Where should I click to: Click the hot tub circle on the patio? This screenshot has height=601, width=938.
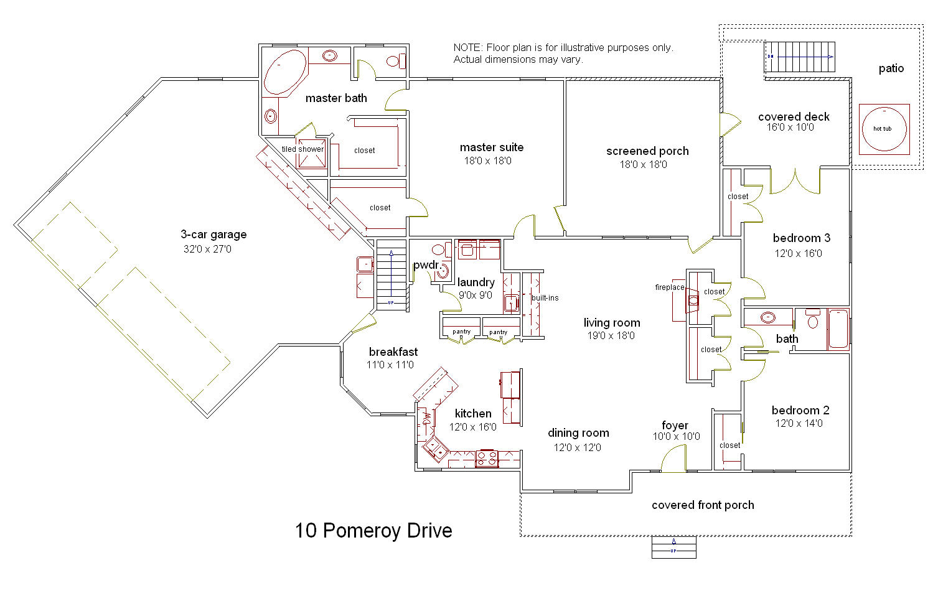883,129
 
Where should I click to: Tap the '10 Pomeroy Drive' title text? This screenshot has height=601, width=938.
373,531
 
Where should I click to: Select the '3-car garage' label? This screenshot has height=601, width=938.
213,235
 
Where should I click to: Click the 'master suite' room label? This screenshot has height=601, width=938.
491,147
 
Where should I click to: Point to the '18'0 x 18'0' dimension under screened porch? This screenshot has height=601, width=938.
643,165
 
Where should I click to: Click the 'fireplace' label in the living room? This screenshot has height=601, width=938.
669,287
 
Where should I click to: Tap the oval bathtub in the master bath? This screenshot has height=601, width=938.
285,72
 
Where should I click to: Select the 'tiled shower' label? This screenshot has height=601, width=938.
303,149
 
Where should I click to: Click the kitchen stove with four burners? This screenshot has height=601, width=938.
487,459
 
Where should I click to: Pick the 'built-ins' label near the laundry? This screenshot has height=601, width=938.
545,298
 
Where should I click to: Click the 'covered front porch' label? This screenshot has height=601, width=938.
703,505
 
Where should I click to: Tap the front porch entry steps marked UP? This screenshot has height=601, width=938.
673,547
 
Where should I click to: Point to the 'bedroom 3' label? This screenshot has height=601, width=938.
801,238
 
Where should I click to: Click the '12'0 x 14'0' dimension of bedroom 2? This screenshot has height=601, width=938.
799,424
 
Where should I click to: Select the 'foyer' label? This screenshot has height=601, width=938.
675,426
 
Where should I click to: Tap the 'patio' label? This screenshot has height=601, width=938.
891,68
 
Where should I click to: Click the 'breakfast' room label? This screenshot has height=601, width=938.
393,352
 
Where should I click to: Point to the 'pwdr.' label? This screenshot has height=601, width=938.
426,266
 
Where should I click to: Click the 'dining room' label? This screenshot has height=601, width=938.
578,433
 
